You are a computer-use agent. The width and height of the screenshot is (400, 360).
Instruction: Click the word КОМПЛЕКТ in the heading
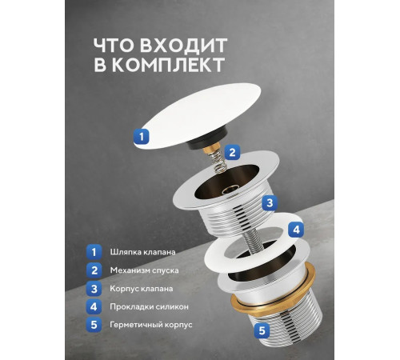[172, 65]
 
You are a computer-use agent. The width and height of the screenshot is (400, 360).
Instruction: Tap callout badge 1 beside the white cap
[140, 136]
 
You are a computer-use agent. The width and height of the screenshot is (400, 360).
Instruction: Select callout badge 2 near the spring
[231, 152]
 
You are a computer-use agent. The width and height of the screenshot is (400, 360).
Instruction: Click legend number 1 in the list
[94, 251]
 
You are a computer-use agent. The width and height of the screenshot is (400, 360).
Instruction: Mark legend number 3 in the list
[94, 287]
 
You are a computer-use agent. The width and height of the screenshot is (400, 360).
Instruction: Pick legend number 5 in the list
[94, 324]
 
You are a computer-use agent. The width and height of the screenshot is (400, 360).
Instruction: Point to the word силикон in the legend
[178, 306]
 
